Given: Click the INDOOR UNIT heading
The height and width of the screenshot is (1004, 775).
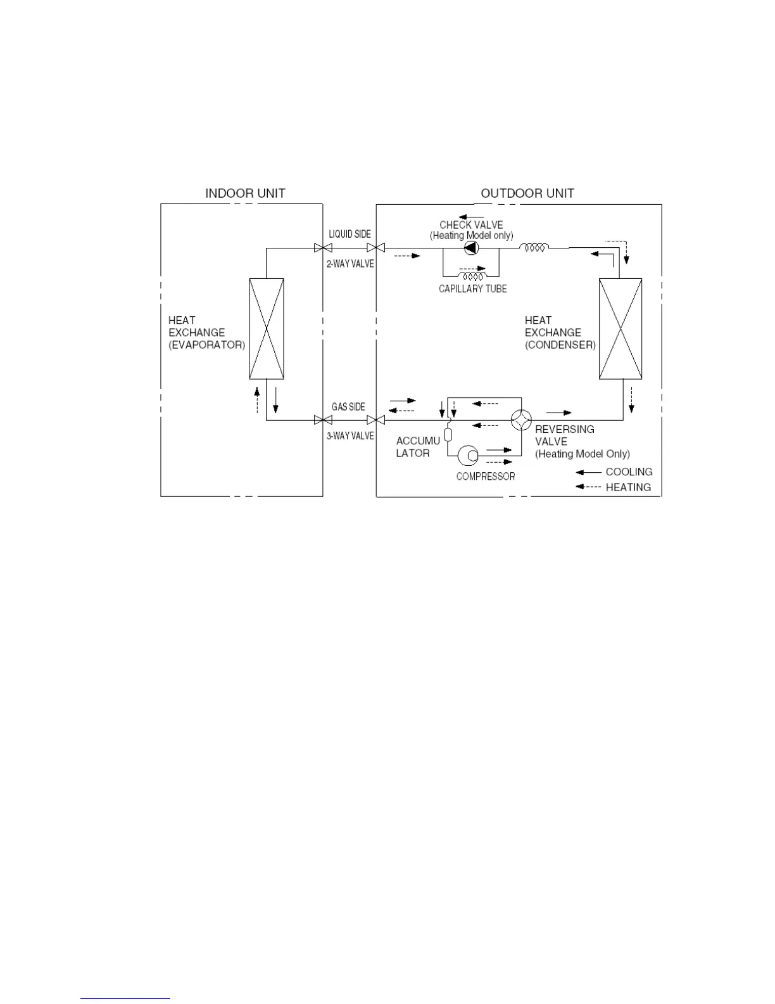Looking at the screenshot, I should coord(245,193).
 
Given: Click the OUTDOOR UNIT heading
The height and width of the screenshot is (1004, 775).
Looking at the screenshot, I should coord(527,193).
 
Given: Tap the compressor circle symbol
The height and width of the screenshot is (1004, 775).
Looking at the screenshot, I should coord(469,454).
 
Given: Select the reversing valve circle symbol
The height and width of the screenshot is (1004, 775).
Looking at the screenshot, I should coord(521,420).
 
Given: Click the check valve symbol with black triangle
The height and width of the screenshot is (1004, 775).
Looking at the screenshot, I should coord(471,248).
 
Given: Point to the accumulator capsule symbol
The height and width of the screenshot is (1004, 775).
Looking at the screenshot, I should coord(448,435).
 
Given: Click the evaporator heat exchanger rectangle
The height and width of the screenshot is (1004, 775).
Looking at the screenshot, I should coord(267,328).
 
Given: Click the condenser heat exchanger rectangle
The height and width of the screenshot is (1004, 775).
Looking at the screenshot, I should coord(621,329).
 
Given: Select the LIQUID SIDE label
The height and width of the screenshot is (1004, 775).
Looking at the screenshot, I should coord(350,235).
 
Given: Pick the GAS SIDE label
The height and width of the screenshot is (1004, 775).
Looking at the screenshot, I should coord(348,407).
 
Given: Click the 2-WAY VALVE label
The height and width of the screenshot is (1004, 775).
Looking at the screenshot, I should coord(350,264).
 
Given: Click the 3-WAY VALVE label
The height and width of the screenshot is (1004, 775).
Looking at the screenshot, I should coord(350,436).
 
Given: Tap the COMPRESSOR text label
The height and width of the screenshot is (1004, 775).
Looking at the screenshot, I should coord(486,477).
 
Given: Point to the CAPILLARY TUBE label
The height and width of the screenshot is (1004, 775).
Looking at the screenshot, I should coord(473,289).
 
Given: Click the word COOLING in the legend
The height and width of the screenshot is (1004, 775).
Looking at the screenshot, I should coord(629,472).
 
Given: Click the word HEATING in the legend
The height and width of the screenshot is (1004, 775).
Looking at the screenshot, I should coord(628,487).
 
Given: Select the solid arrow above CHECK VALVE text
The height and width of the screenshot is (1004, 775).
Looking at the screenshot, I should coord(471,217).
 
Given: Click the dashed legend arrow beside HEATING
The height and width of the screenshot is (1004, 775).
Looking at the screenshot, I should coord(588,487).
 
